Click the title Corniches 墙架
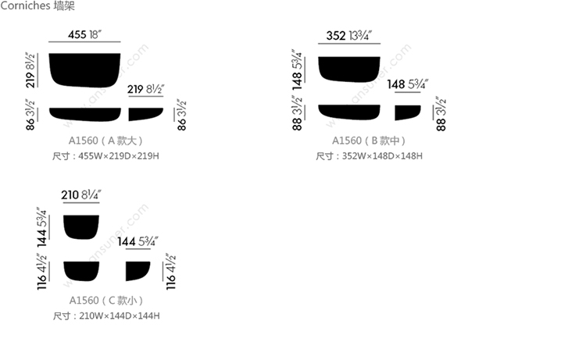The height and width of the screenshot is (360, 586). pyautogui.click(x=38, y=5)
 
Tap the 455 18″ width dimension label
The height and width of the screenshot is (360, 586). pyautogui.click(x=84, y=34)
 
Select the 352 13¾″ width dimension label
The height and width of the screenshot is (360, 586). pyautogui.click(x=348, y=35)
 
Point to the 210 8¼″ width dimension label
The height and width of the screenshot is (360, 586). pyautogui.click(x=81, y=194)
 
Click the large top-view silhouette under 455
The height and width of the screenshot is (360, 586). pyautogui.click(x=84, y=70)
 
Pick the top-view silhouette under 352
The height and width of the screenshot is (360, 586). pyautogui.click(x=349, y=69)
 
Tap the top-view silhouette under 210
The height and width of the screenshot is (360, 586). pyautogui.click(x=81, y=227)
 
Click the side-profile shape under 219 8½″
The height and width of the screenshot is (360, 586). pyautogui.click(x=146, y=114)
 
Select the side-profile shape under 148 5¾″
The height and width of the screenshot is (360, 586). pyautogui.click(x=408, y=112)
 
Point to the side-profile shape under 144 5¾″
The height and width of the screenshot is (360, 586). pyautogui.click(x=138, y=271)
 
